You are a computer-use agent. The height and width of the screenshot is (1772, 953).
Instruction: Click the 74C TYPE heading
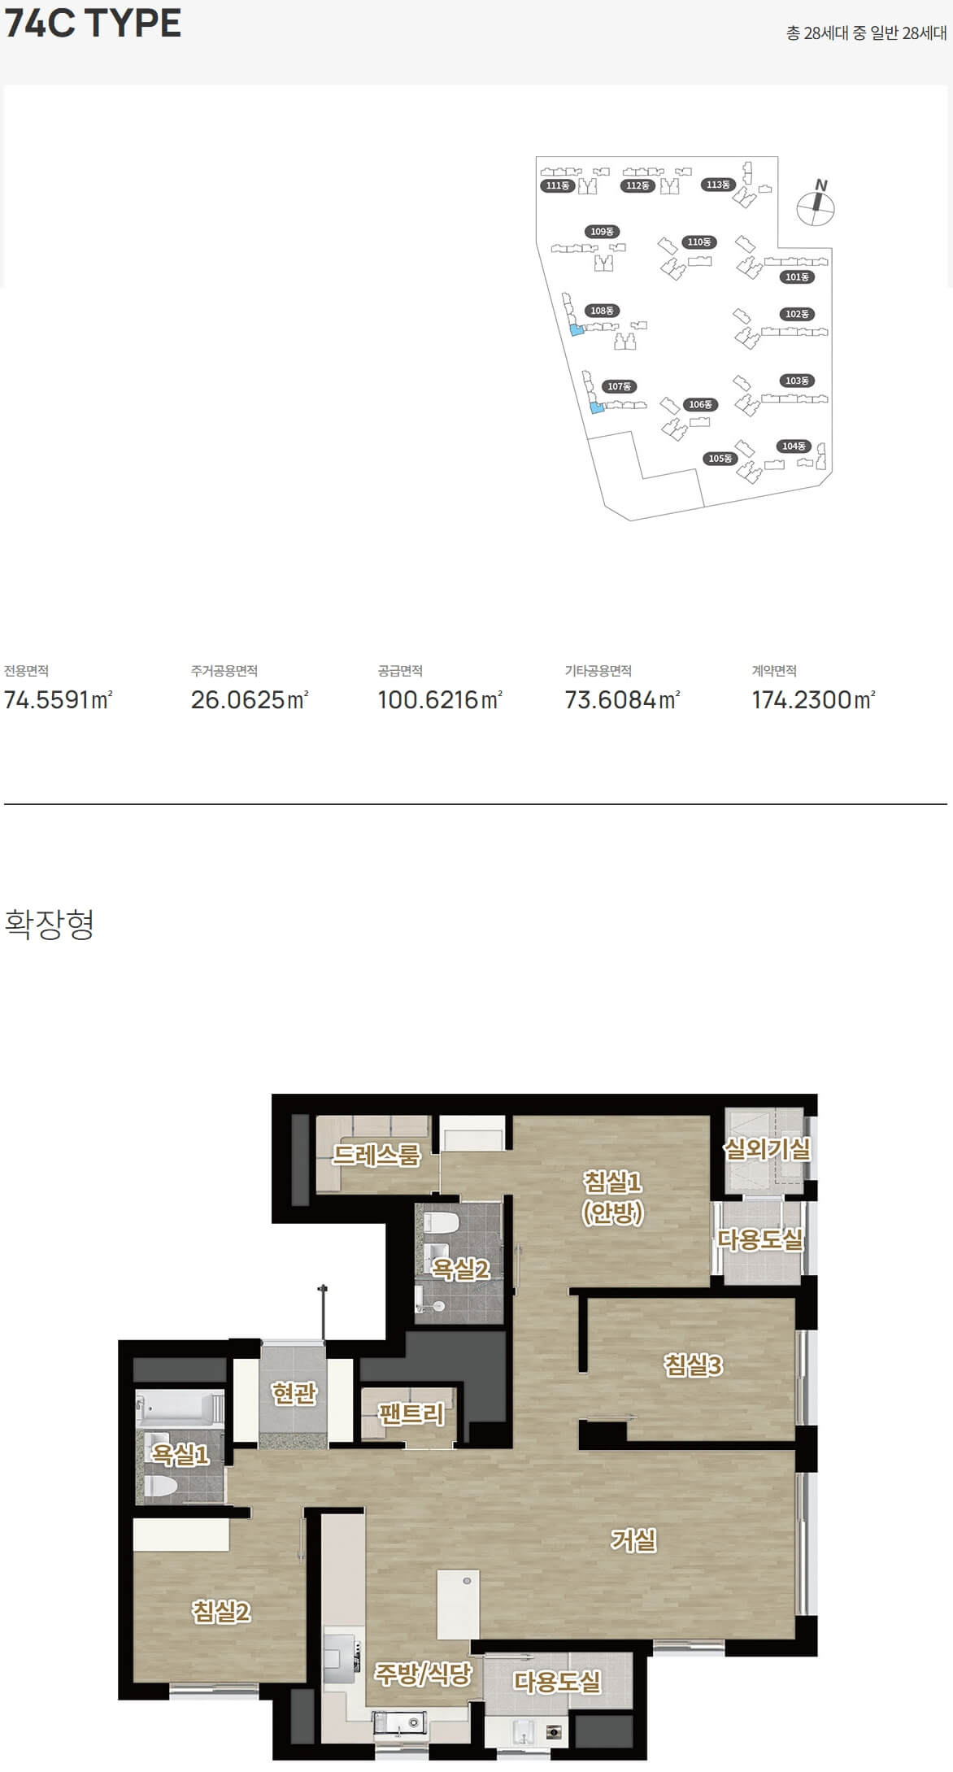[x=93, y=23]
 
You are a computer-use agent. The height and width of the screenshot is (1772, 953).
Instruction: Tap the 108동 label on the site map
[x=602, y=311]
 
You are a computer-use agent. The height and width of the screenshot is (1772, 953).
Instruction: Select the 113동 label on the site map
[x=718, y=185]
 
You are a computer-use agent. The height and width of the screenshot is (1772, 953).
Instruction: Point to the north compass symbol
[x=816, y=203]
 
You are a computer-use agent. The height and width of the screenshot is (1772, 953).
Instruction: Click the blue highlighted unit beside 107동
[x=597, y=408]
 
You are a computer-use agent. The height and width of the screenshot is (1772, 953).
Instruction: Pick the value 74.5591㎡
[x=59, y=699]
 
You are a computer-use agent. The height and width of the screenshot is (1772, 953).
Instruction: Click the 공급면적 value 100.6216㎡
[x=440, y=699]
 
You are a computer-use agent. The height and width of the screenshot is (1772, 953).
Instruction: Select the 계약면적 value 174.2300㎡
[x=813, y=699]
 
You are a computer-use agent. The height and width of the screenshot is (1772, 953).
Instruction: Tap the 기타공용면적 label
[x=598, y=671]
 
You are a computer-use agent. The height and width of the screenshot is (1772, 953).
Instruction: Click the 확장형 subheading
[x=50, y=924]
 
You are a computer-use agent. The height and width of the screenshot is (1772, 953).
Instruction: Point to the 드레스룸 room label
[x=376, y=1155]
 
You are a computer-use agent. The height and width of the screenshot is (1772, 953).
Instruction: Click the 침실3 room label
[x=693, y=1365]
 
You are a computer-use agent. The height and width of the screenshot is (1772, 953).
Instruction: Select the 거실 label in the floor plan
[x=633, y=1539]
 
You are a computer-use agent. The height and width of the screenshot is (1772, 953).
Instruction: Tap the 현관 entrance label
[x=294, y=1393]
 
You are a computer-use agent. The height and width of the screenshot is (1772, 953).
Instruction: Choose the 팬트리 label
[x=411, y=1414]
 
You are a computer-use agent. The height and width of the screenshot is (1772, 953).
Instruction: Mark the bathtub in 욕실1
[x=180, y=1408]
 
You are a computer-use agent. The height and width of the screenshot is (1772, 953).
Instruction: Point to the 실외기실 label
[x=767, y=1149]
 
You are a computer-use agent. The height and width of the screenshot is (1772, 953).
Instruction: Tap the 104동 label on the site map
[x=794, y=446]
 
